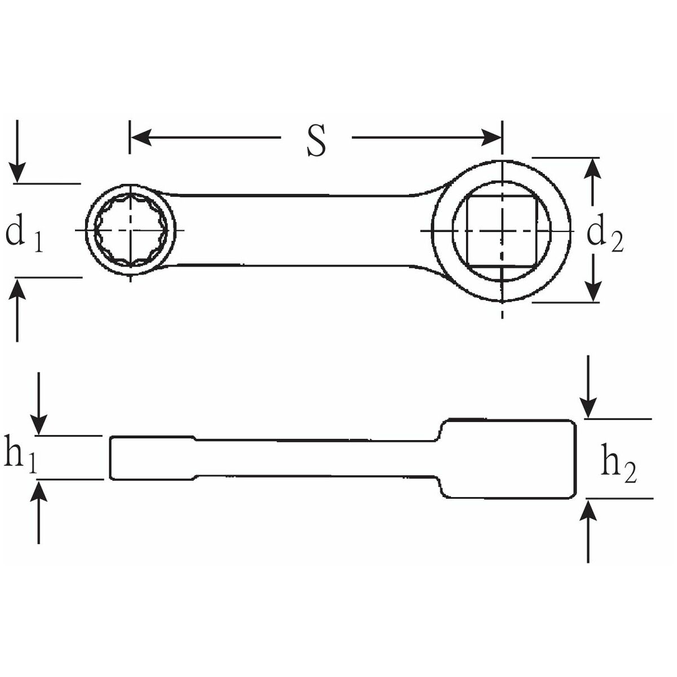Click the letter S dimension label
(x=316, y=139)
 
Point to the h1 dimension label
(x=20, y=455)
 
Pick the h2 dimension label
(x=618, y=464)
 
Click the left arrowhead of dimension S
(x=140, y=137)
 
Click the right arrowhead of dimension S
(x=491, y=137)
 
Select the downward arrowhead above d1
(x=17, y=173)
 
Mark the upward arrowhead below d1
(x=17, y=288)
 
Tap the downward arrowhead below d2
(x=593, y=290)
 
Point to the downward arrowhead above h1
(x=39, y=424)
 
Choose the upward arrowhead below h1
(x=39, y=490)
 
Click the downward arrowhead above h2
(x=588, y=408)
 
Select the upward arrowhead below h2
(x=588, y=510)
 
